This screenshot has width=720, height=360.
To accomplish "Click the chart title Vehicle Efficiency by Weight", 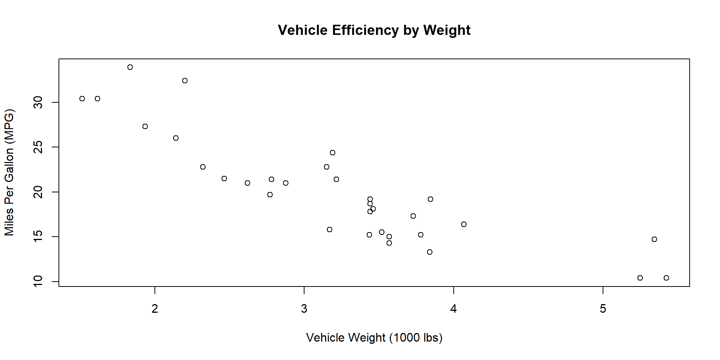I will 374,30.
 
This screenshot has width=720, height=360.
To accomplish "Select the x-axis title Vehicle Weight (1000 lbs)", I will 374,337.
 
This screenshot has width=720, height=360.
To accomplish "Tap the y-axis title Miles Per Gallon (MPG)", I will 9,172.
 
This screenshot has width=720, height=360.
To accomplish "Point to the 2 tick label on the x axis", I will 155,309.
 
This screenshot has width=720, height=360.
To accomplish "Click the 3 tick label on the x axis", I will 304,309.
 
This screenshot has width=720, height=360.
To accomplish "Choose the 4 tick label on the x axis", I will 454,309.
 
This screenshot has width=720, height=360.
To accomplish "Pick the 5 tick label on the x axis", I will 603,309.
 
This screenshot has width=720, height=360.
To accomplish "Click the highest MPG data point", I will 130,67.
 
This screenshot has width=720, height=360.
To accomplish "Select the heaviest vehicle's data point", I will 666,278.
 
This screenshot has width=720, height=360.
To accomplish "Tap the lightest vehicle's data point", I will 82,99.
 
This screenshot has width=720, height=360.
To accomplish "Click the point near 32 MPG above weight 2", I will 185,81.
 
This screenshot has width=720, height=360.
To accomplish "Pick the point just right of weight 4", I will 464,224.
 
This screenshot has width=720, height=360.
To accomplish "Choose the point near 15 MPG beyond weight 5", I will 654,239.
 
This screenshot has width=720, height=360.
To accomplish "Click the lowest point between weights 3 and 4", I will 430,252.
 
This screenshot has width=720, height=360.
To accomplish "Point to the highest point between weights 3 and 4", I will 333,153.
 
